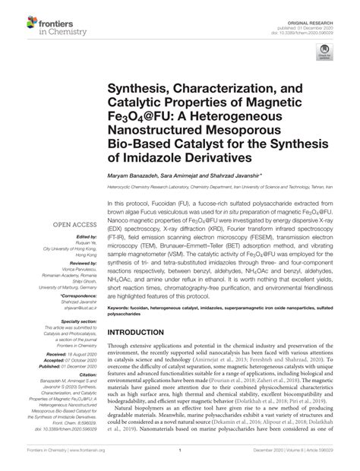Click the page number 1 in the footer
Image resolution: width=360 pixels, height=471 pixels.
pyautogui.click(x=180, y=464)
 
